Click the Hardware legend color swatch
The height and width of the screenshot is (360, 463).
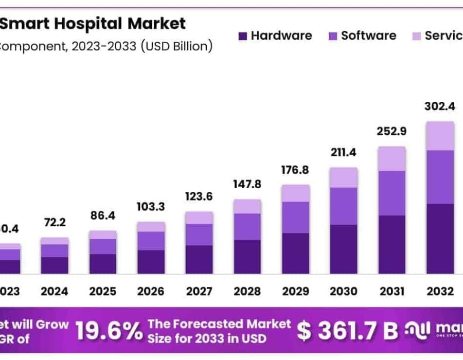(242, 37)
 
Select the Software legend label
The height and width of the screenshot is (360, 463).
(368, 35)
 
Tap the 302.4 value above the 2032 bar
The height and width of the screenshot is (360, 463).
(440, 106)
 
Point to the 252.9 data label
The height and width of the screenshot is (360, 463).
(391, 131)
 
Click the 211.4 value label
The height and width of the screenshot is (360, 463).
(344, 152)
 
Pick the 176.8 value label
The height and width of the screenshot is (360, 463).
(295, 170)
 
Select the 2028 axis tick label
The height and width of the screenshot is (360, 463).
(247, 292)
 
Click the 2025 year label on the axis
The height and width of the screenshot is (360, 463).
(102, 292)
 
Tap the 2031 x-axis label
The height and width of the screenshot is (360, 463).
(391, 292)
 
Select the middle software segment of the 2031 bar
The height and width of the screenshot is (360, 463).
(391, 193)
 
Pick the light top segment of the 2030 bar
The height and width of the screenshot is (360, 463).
(344, 177)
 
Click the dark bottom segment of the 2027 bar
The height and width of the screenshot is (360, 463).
(199, 259)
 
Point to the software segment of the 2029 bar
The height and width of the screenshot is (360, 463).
(295, 217)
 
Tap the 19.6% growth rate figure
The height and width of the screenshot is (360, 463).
(109, 332)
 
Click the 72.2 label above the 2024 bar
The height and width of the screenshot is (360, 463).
(54, 223)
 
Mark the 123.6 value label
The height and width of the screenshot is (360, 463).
(199, 196)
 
